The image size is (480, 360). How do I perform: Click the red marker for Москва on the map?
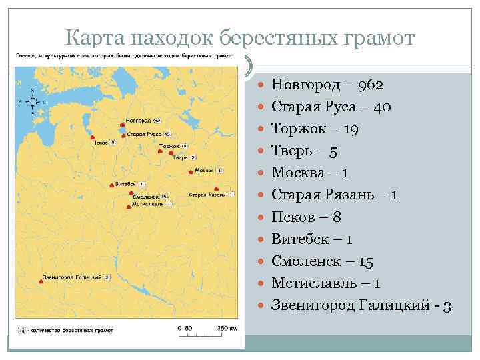click(191, 172)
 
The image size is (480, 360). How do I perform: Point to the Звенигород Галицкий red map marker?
click(41, 282)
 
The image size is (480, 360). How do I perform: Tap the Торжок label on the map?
click(169, 145)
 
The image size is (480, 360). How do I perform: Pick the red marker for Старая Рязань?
click(217, 188)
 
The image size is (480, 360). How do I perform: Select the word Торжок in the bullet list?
click(297, 129)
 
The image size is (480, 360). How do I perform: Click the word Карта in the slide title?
click(94, 38)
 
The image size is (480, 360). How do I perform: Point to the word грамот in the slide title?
click(378, 38)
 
